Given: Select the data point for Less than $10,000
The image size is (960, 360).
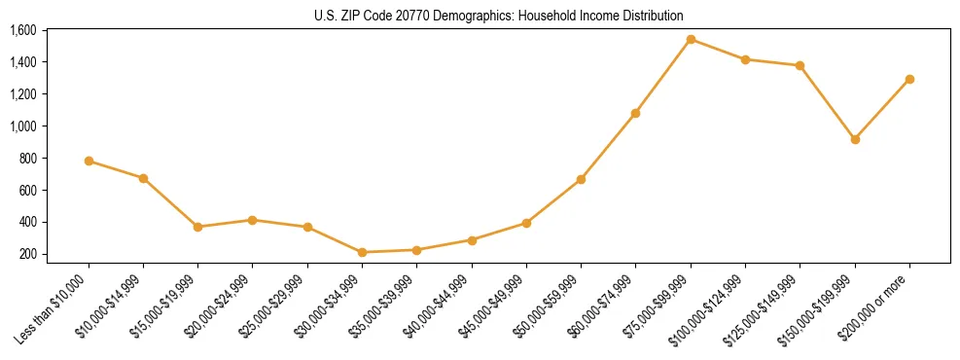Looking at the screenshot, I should pyautogui.click(x=89, y=161).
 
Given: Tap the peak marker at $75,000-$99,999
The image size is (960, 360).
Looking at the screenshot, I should pyautogui.click(x=691, y=39).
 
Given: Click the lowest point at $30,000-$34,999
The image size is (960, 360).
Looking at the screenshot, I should pyautogui.click(x=362, y=252).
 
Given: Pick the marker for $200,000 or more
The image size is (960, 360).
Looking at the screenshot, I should pyautogui.click(x=909, y=79).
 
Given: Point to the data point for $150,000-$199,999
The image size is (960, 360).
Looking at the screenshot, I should pyautogui.click(x=855, y=139).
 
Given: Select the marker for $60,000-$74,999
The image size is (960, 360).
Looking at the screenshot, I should pyautogui.click(x=635, y=113).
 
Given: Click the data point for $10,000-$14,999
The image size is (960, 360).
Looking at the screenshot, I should pyautogui.click(x=143, y=178).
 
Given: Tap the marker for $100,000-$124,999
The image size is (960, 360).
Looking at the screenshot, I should pyautogui.click(x=745, y=59).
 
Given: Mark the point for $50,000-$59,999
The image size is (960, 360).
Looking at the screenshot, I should pyautogui.click(x=581, y=179).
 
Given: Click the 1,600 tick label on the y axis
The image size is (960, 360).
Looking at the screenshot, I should pyautogui.click(x=22, y=30).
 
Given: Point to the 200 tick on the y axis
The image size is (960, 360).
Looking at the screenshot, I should pyautogui.click(x=27, y=254).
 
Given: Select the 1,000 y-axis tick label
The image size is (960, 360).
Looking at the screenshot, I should pyautogui.click(x=22, y=126).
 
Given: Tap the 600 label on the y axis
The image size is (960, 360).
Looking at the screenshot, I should pyautogui.click(x=27, y=190).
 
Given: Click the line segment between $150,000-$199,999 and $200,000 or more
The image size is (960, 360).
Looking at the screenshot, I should pyautogui.click(x=882, y=109).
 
